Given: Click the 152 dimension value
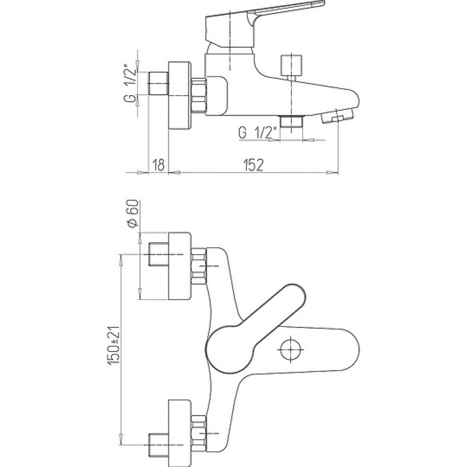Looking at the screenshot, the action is coord(253,165).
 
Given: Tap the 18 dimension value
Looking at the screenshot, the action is coord(158,165).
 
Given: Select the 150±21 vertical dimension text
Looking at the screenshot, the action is coord(114,345).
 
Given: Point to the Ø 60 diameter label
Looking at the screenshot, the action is coord(133,213).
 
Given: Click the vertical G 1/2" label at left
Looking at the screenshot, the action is coord(130,83).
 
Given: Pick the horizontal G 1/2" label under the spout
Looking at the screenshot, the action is coord(258,133).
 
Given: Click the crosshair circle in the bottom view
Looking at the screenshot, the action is coord(291,350).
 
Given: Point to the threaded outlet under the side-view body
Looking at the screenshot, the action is coord(291,121).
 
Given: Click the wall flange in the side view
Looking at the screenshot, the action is coord(179,96).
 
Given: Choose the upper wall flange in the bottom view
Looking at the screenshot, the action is coord(179,266).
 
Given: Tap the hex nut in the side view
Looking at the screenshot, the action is coord(198,96).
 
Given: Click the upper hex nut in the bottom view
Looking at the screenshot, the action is coord(198,266).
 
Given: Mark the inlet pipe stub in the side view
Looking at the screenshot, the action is coord(158,83).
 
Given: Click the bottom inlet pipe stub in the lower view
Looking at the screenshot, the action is coord(158,445).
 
